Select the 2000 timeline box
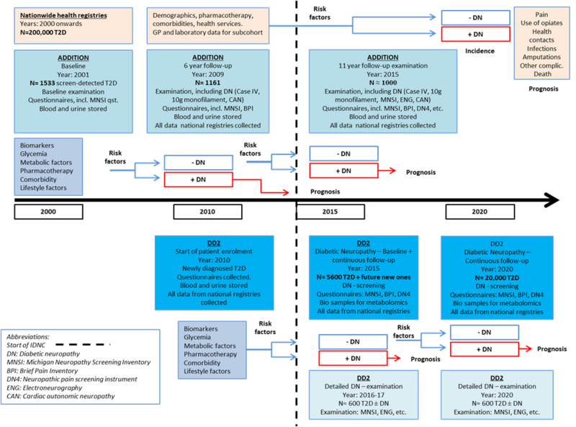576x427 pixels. (x=49, y=212)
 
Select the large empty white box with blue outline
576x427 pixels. (x=79, y=366)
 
